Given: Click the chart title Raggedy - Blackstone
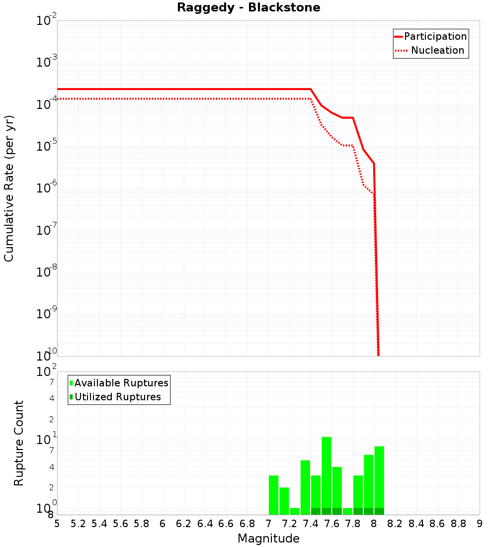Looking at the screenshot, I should click(248, 7).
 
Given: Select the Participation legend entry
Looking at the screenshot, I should click(435, 36).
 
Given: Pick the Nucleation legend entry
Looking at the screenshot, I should click(437, 50).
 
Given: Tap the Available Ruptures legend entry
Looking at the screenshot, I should click(121, 383).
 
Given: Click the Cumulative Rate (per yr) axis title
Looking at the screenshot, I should click(9, 188).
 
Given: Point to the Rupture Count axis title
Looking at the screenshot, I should click(19, 443).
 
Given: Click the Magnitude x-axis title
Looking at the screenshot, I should click(268, 539).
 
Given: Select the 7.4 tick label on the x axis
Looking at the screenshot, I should click(311, 524).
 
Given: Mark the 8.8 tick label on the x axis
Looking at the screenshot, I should click(458, 524).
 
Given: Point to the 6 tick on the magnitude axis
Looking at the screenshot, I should click(163, 524).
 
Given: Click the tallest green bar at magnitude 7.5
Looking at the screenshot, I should click(327, 472).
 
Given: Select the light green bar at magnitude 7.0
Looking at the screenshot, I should click(273, 495).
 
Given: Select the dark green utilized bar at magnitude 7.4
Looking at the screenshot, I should click(316, 511).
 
